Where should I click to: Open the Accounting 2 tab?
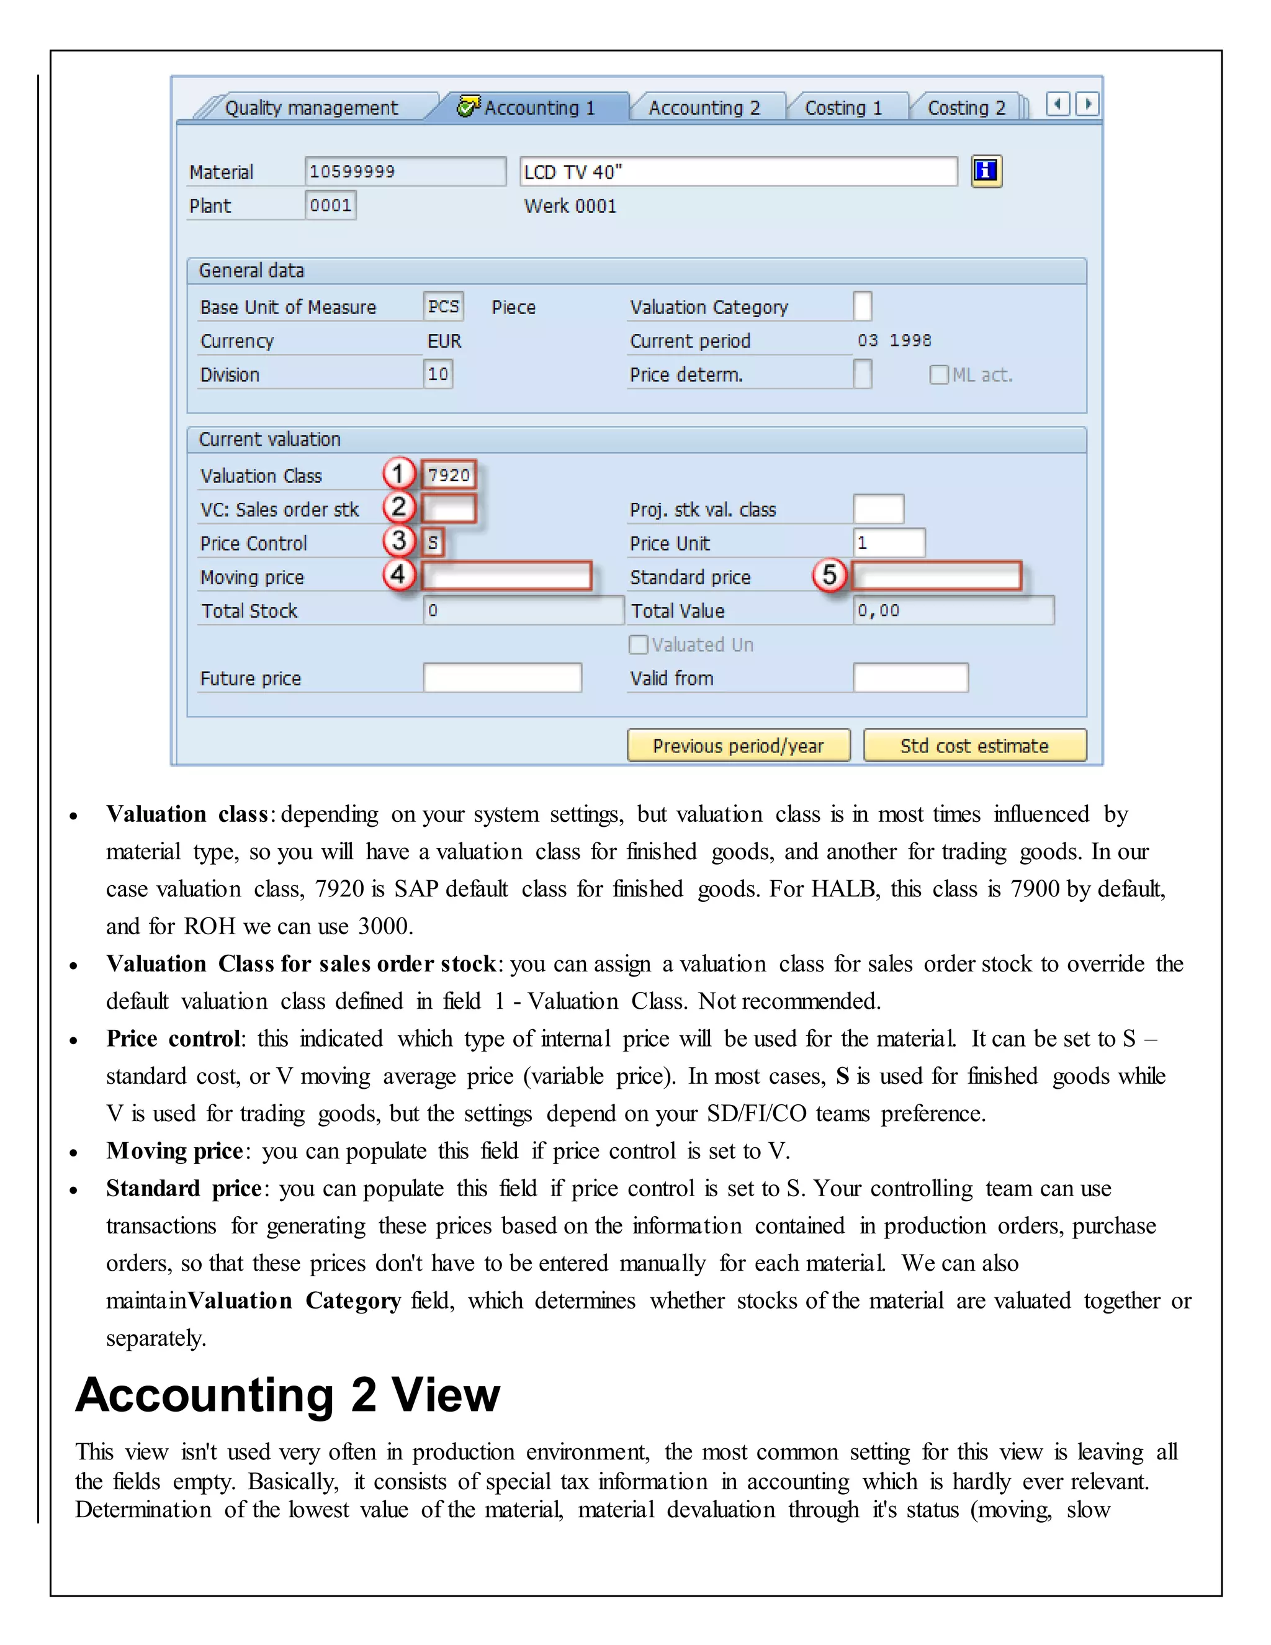704,108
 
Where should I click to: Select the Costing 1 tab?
843,108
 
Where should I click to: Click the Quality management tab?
311,108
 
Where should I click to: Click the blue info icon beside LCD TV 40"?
986,171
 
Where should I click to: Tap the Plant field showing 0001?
331,205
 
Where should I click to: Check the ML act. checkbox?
938,374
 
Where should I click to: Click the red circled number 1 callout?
398,474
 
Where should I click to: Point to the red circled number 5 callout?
829,575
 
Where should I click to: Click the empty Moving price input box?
506,576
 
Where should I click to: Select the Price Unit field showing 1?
889,543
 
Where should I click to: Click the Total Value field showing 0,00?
953,610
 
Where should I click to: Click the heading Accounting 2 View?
287,1395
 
